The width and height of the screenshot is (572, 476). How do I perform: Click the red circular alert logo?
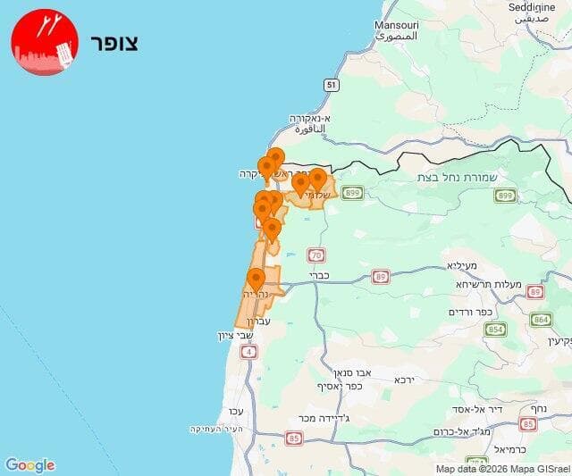pos(45,41)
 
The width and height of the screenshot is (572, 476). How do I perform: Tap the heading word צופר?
pos(115,43)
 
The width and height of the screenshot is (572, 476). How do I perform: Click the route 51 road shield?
pos(332,85)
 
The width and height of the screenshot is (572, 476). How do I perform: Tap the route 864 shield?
pos(542,319)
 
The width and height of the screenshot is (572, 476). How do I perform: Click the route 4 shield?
pos(247,351)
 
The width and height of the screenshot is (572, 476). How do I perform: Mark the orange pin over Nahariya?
pos(256,279)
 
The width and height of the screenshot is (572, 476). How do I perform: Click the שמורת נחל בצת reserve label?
pos(462,177)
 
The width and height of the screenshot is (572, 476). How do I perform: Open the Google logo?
pos(29,464)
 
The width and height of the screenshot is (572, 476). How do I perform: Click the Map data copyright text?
pos(502,469)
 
